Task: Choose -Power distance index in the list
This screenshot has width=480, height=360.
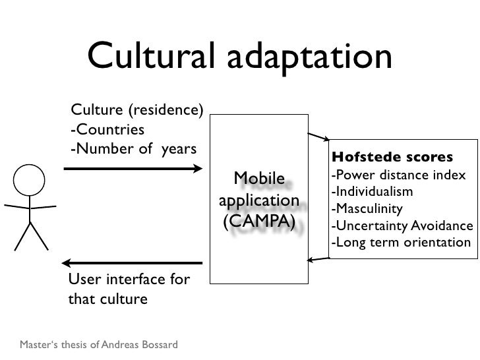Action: [x=398, y=177]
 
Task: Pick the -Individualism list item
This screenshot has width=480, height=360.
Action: [x=373, y=193]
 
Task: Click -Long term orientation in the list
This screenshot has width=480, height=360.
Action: [x=401, y=242]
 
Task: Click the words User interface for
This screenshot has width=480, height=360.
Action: [x=129, y=280]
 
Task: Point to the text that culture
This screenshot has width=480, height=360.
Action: [x=108, y=299]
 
